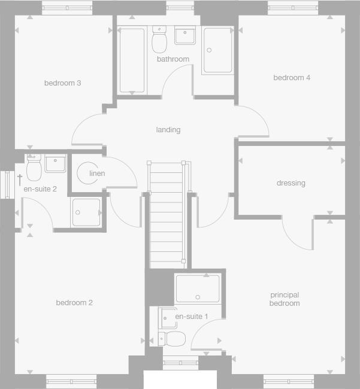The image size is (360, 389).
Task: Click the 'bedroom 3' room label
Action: (62, 83)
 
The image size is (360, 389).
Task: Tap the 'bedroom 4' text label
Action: (292, 78)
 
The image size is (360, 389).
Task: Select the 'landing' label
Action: (168, 130)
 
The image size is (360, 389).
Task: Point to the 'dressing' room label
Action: (291, 183)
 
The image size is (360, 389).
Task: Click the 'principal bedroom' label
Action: (285, 299)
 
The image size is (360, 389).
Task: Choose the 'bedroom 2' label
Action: (74, 303)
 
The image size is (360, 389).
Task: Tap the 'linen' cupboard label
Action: (97, 174)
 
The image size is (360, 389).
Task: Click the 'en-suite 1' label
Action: (192, 316)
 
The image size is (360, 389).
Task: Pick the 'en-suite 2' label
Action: (40, 189)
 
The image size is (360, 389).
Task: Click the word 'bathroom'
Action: (173, 59)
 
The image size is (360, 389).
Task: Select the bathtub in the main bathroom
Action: (132, 60)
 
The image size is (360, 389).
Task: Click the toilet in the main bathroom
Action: (159, 40)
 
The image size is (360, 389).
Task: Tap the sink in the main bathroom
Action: (184, 35)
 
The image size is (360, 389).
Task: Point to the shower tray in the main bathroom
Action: (217, 51)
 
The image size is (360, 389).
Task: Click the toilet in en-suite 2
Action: (34, 168)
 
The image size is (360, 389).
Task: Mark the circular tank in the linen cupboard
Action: (88, 174)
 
